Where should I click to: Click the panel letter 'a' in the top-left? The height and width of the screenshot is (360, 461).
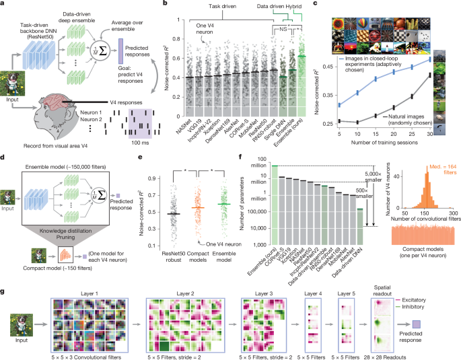[x=4, y=5]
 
